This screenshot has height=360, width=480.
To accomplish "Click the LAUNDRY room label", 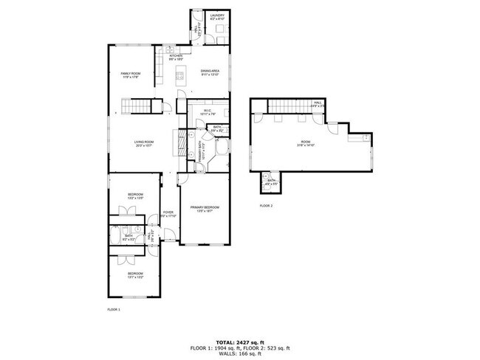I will [217, 16].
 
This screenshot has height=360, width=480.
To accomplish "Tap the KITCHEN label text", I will [176, 57].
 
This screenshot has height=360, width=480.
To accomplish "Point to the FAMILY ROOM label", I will [131, 74].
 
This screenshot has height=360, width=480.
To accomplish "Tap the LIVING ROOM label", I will [143, 143].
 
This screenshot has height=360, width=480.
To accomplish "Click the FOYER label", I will [168, 214].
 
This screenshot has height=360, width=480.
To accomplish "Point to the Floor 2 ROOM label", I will [306, 144].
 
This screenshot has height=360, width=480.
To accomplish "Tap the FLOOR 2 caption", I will [266, 206].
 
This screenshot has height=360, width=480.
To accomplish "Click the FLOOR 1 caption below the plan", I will [114, 309].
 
